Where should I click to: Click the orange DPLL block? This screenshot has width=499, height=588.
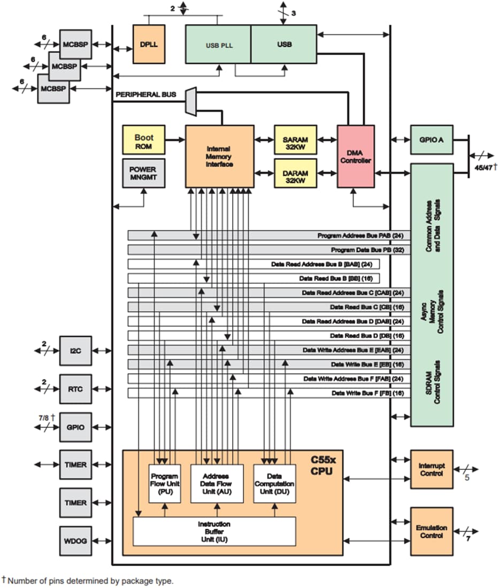(x=149, y=44)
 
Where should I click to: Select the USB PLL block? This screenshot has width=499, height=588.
(x=218, y=44)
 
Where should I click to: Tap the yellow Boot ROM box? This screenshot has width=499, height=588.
(x=144, y=141)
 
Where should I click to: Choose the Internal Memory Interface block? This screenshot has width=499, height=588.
(x=220, y=156)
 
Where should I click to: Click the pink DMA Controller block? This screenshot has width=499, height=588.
(x=356, y=156)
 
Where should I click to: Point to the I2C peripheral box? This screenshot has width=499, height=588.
(x=75, y=351)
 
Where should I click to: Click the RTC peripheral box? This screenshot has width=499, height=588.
(x=75, y=389)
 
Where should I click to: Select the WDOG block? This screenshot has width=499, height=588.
(x=75, y=541)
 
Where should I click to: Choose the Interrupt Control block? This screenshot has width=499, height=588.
(x=432, y=469)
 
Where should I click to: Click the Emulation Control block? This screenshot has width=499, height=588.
(x=432, y=531)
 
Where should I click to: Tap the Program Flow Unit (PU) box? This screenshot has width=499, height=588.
(x=165, y=483)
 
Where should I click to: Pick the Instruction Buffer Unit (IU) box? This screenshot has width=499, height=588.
(x=214, y=531)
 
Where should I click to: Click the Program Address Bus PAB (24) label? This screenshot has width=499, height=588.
(x=361, y=236)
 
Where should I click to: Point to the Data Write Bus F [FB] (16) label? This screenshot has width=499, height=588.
(x=367, y=393)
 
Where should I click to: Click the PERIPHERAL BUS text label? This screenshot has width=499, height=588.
(x=146, y=95)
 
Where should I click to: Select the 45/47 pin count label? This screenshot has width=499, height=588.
(x=483, y=167)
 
